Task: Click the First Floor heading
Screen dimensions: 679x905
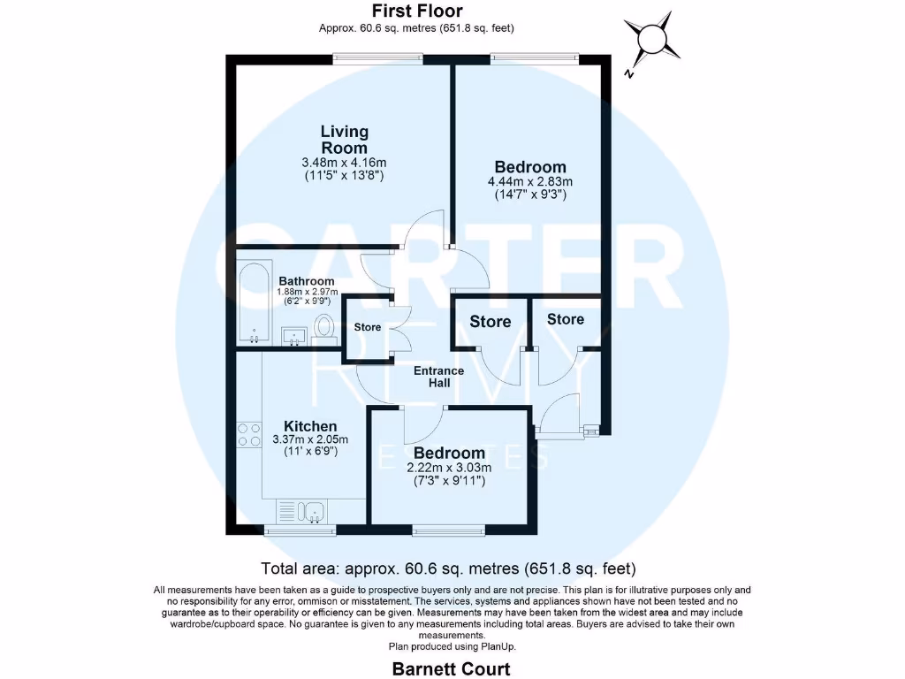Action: [417, 11]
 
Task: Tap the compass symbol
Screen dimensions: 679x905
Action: [652, 40]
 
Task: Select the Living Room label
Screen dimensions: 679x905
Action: [344, 139]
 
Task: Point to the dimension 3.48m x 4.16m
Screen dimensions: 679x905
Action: [344, 163]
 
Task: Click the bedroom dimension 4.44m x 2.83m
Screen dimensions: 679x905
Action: [530, 182]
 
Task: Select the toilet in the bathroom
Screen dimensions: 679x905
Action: [324, 328]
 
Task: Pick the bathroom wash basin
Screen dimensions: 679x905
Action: [294, 336]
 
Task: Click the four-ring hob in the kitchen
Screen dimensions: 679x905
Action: [248, 434]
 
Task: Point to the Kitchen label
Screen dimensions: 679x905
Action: [310, 427]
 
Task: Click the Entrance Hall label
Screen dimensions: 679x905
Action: [439, 377]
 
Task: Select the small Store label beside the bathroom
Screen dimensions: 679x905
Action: [368, 327]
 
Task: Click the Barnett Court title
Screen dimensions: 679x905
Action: [452, 669]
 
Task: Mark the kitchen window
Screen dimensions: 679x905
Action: [300, 530]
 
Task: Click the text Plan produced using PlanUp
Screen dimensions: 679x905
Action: [452, 647]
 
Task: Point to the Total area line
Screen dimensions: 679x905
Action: [448, 568]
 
